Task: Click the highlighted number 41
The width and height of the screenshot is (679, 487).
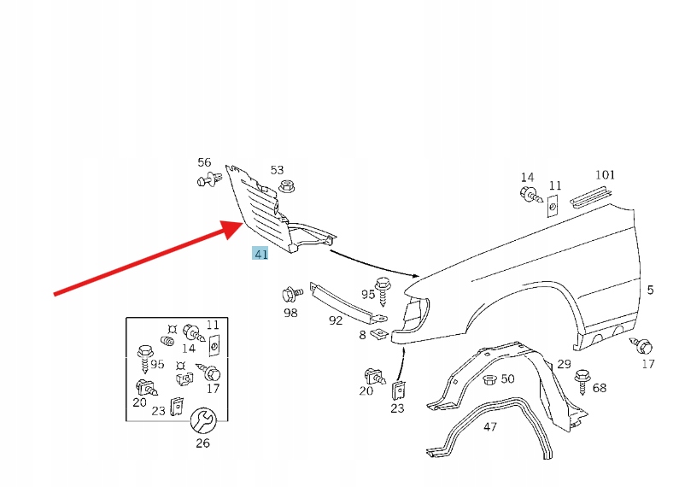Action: click(260, 253)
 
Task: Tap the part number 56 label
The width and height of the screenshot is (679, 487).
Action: click(204, 162)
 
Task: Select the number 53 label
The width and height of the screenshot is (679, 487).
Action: click(277, 170)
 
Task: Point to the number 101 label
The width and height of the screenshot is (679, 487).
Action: click(605, 175)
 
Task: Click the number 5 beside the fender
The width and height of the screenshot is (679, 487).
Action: click(650, 290)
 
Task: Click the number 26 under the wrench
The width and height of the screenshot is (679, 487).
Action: click(202, 443)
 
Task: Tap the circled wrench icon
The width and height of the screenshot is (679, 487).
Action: click(202, 420)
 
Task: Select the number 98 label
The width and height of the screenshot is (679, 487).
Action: click(290, 314)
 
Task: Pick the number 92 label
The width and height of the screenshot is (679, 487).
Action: click(336, 320)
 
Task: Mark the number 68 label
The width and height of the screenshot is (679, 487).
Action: click(600, 388)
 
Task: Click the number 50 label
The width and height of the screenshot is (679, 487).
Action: click(507, 378)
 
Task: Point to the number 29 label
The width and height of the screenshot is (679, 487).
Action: click(564, 365)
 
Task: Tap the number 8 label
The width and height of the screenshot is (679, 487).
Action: click(362, 335)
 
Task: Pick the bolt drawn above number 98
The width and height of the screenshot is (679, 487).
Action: click(291, 296)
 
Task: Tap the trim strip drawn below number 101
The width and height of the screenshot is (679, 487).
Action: click(590, 195)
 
